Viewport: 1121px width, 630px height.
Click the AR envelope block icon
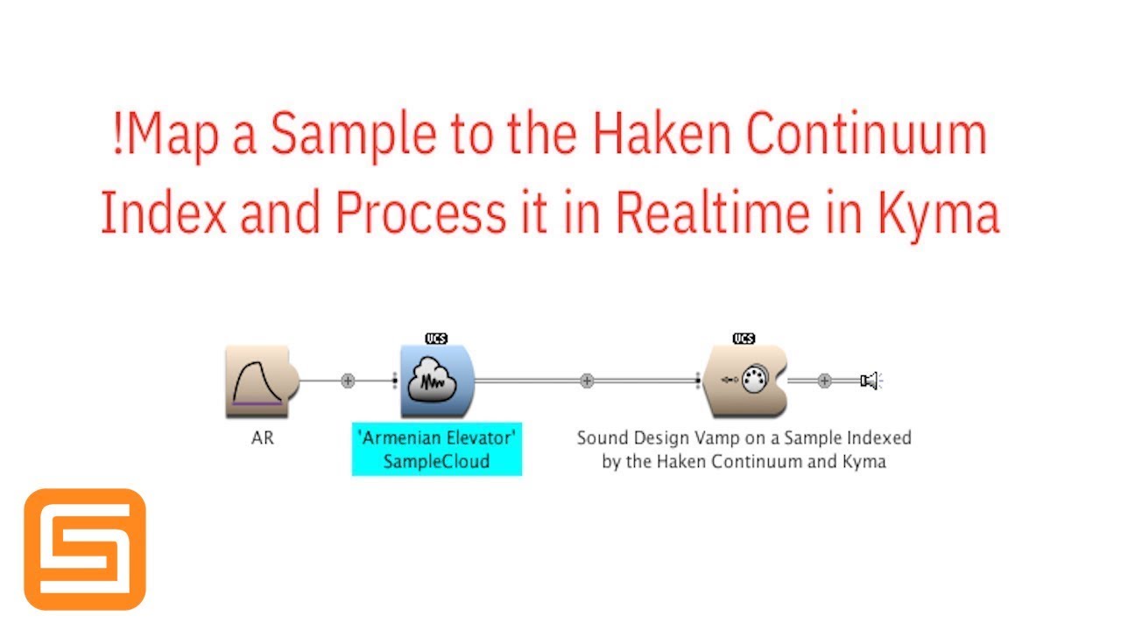pos(261,381)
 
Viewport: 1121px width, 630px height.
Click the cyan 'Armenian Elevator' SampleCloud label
pos(436,449)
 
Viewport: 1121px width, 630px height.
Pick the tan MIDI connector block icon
pos(744,381)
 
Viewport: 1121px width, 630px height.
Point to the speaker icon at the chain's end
pos(869,381)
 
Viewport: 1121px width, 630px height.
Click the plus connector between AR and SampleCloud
pos(348,381)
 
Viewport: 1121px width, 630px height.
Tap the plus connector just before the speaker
pos(824,381)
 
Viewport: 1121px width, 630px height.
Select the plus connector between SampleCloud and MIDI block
pos(587,381)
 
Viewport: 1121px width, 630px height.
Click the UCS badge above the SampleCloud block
pos(436,339)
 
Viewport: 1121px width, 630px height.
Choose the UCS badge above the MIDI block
pos(744,339)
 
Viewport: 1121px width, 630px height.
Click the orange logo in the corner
pos(85,549)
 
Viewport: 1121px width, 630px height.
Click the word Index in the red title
pos(161,213)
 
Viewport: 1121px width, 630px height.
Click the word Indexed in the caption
pos(877,438)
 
